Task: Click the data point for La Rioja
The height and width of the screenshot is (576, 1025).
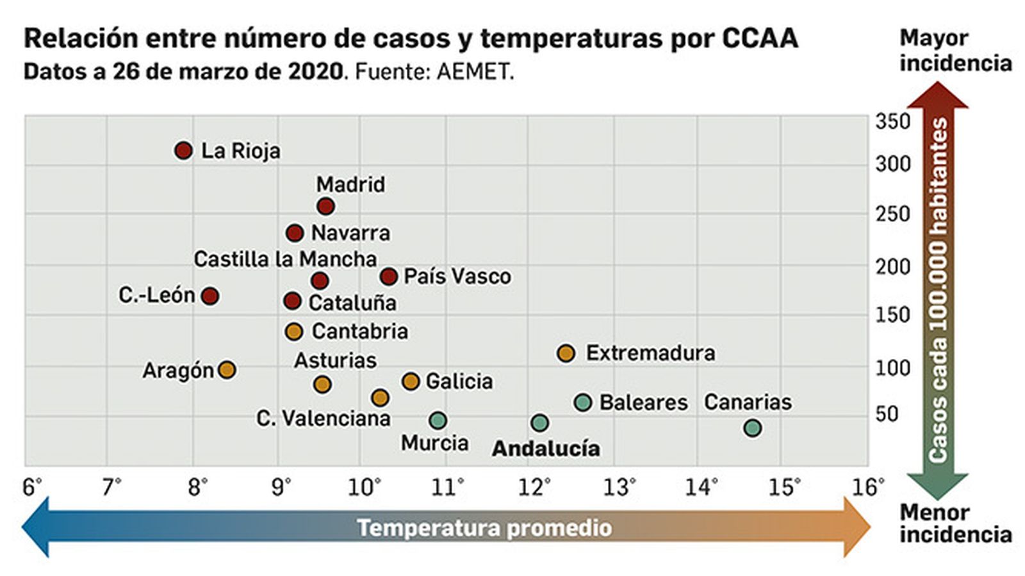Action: (x=183, y=151)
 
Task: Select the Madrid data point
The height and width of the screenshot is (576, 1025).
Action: (x=325, y=207)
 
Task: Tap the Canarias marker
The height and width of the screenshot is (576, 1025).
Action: (x=753, y=428)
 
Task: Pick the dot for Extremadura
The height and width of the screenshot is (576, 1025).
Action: (x=566, y=353)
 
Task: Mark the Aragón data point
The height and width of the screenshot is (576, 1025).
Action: (x=227, y=370)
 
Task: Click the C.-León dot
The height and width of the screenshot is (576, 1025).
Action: (x=210, y=296)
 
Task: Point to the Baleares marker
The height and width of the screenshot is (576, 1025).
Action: (x=583, y=403)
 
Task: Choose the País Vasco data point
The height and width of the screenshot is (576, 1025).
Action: (x=388, y=276)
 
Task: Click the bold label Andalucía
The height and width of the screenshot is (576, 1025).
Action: (x=546, y=449)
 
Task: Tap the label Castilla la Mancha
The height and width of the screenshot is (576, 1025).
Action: (x=285, y=259)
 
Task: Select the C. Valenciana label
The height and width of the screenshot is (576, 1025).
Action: (x=323, y=419)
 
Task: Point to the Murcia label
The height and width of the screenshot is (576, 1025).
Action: (x=434, y=443)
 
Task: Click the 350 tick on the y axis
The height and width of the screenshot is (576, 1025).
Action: (x=892, y=121)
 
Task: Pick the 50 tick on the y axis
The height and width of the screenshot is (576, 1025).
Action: (x=887, y=414)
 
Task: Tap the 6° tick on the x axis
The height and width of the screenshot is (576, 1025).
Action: (x=32, y=488)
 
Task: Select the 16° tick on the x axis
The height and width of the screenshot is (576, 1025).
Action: (x=868, y=488)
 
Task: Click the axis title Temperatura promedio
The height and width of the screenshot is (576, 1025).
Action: (x=484, y=528)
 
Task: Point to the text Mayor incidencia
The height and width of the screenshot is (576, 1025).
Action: (x=955, y=51)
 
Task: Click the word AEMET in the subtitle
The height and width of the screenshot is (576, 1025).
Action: (x=475, y=72)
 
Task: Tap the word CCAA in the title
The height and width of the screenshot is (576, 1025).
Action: (x=760, y=38)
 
